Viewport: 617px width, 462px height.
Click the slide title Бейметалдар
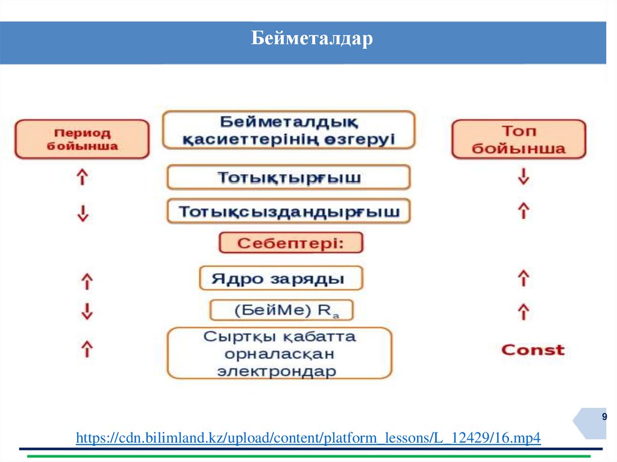pyautogui.click(x=312, y=40)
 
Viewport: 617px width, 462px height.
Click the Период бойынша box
pyautogui.click(x=82, y=139)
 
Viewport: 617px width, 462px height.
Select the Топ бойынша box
pyautogui.click(x=518, y=139)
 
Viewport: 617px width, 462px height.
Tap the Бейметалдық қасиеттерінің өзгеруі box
pyautogui.click(x=289, y=130)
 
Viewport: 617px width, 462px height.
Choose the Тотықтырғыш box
pyautogui.click(x=289, y=178)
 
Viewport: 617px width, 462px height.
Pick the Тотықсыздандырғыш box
pyautogui.click(x=289, y=212)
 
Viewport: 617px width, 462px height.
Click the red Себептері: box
pyautogui.click(x=290, y=243)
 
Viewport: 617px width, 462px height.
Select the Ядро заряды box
pyautogui.click(x=281, y=278)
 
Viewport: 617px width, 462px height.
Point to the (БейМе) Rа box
pyautogui.click(x=281, y=310)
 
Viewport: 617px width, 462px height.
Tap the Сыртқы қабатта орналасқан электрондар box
pyautogui.click(x=279, y=353)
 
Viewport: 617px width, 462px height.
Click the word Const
pyautogui.click(x=533, y=350)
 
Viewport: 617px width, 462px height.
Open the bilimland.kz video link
pyautogui.click(x=308, y=438)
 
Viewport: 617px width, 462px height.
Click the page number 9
pyautogui.click(x=604, y=417)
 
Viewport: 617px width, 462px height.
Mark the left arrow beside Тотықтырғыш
pyautogui.click(x=83, y=176)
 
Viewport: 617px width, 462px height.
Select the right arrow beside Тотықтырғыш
pyautogui.click(x=524, y=176)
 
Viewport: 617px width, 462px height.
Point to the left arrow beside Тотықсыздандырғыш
pyautogui.click(x=83, y=213)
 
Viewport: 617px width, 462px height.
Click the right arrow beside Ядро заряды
pyautogui.click(x=524, y=278)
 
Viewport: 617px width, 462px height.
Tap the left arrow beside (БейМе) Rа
pyautogui.click(x=87, y=311)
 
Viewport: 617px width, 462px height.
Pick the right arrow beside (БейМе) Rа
pyautogui.click(x=524, y=311)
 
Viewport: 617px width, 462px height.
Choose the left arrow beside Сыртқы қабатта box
pyautogui.click(x=87, y=348)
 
